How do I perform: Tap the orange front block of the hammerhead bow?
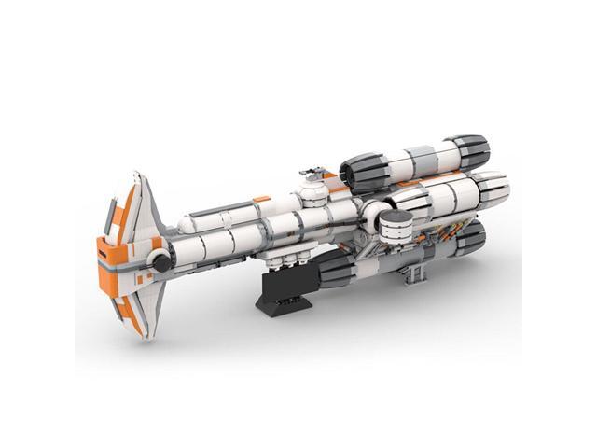point(110,253)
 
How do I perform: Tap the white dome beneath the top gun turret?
point(311,191)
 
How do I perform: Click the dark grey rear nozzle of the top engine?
point(471,152)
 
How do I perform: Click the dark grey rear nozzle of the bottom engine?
point(470,234)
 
